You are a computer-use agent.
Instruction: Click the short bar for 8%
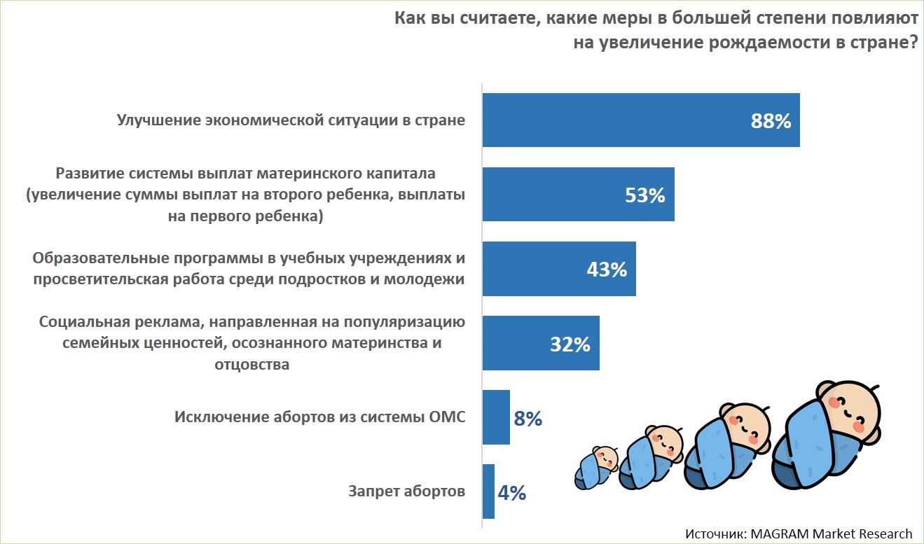[496, 417]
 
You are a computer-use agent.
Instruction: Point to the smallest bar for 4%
[488, 491]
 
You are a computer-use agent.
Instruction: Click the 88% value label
[771, 120]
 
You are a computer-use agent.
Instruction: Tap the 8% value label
[528, 419]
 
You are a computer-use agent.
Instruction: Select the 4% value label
[512, 493]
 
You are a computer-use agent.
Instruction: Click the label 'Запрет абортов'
[406, 491]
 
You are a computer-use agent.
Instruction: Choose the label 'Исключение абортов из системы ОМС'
[319, 417]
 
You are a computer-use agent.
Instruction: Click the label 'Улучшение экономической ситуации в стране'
[290, 120]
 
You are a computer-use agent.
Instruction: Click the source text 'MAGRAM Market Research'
[831, 533]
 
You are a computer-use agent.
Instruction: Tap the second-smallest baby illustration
[649, 457]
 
